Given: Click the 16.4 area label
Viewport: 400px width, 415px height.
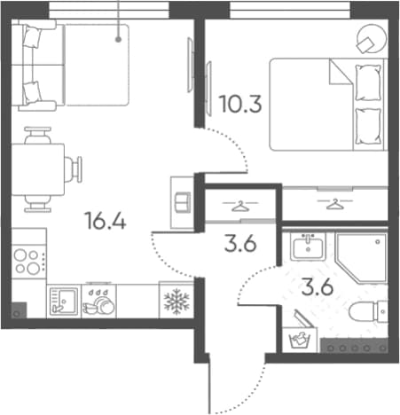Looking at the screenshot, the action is point(106,221).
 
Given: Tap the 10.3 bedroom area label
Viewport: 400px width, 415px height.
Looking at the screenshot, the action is point(240,104).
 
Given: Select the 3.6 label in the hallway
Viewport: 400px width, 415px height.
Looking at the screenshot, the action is point(240,244).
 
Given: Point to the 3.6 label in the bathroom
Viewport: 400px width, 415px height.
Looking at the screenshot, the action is point(318,286).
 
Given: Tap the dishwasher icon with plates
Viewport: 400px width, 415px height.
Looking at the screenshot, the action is point(98,301).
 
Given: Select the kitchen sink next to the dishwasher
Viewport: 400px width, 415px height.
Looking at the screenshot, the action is point(64,301).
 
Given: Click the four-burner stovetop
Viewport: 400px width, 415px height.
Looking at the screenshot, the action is point(28,262).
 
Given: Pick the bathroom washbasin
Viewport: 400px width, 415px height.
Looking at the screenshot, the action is point(308,247).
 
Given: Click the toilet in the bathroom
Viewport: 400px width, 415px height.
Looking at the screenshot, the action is point(368,311).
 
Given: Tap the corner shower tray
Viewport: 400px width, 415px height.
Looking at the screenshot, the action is point(361,258).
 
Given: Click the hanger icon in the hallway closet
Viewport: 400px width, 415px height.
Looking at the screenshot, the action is point(239,206).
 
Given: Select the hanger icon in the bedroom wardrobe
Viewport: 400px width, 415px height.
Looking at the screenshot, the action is point(334,204).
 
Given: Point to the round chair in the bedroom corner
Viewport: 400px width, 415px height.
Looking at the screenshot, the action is point(372,39).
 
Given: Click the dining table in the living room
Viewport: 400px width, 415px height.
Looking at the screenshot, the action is point(38,169).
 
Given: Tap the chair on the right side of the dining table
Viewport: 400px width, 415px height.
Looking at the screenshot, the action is point(73,169).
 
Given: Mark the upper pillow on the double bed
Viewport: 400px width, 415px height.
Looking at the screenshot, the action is point(368,82).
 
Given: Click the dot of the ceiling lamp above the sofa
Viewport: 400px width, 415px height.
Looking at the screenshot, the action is point(118,39).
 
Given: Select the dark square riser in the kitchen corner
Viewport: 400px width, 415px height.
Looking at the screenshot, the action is point(20,310).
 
